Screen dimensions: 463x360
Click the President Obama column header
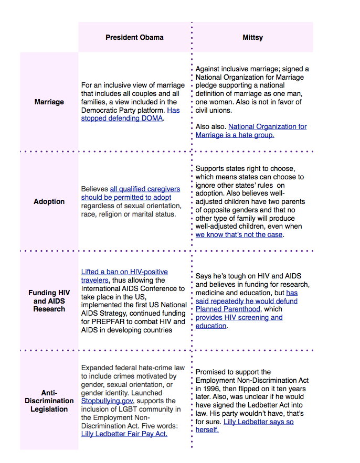click(x=134, y=37)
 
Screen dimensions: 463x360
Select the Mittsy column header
click(x=252, y=37)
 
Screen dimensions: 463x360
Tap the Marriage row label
click(x=49, y=102)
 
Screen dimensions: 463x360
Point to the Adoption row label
click(x=49, y=201)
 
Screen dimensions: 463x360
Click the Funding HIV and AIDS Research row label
click(x=49, y=301)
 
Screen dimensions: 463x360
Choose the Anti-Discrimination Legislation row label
click(x=49, y=401)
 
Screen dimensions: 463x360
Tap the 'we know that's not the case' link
click(x=239, y=234)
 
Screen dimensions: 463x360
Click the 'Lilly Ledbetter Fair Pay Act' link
click(x=124, y=434)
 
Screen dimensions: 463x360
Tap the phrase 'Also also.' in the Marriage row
click(x=210, y=126)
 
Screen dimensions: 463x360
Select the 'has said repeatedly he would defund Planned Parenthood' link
click(x=246, y=301)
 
